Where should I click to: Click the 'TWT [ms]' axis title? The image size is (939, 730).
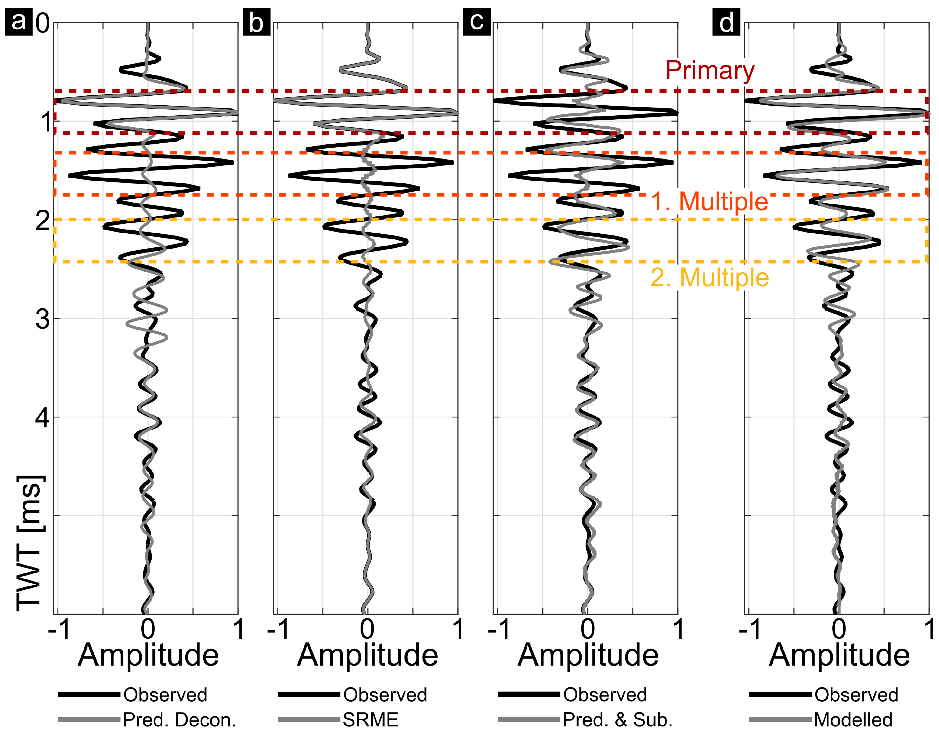30,543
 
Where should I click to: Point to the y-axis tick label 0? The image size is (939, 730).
43,23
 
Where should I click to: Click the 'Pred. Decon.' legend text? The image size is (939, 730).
179,719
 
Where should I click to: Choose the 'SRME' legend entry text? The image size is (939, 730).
371,719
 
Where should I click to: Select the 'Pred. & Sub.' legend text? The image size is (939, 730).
617,719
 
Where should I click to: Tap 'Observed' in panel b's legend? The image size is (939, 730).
385,695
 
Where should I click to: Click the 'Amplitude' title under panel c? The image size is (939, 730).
588,655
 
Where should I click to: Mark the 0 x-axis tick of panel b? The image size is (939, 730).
367,629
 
